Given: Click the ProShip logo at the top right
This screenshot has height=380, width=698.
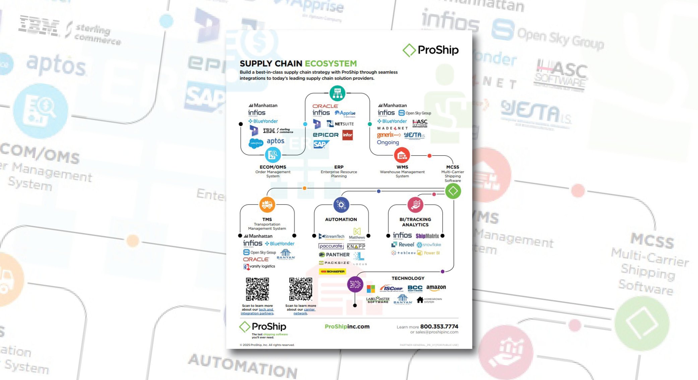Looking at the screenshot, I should (x=431, y=50).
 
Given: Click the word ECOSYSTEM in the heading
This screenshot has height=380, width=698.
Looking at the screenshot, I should (x=330, y=63).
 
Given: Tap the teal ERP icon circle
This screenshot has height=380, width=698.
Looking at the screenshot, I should (x=337, y=93).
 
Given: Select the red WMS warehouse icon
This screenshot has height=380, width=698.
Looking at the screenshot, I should (x=402, y=155).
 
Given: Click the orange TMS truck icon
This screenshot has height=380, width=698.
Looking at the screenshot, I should (x=267, y=204).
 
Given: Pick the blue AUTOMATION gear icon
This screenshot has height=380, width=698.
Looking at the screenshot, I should (x=341, y=205).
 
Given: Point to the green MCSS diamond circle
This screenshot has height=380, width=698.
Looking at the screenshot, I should (x=453, y=191).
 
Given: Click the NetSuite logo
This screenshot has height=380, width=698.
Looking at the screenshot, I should (x=340, y=124).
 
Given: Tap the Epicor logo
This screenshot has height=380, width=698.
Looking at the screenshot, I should (x=325, y=135).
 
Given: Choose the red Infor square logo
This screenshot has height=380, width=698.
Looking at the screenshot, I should (x=347, y=135).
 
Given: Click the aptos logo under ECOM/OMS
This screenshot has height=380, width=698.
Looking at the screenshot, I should (x=275, y=141).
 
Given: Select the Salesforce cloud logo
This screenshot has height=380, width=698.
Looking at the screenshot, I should (x=256, y=143).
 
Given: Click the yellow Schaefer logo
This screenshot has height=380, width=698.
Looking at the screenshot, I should (x=332, y=271).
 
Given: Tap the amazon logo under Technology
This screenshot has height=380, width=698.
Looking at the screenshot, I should (x=436, y=287).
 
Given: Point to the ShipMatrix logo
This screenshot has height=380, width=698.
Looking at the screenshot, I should (x=427, y=236).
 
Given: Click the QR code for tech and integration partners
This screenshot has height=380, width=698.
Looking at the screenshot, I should (x=257, y=289).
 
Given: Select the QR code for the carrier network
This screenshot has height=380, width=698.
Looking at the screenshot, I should (x=301, y=289).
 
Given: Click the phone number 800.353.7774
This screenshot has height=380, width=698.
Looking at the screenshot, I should (x=439, y=326).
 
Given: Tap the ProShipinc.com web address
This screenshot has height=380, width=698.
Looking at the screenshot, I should (x=347, y=326).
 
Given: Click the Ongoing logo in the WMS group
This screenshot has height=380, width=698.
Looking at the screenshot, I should (x=388, y=142).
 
